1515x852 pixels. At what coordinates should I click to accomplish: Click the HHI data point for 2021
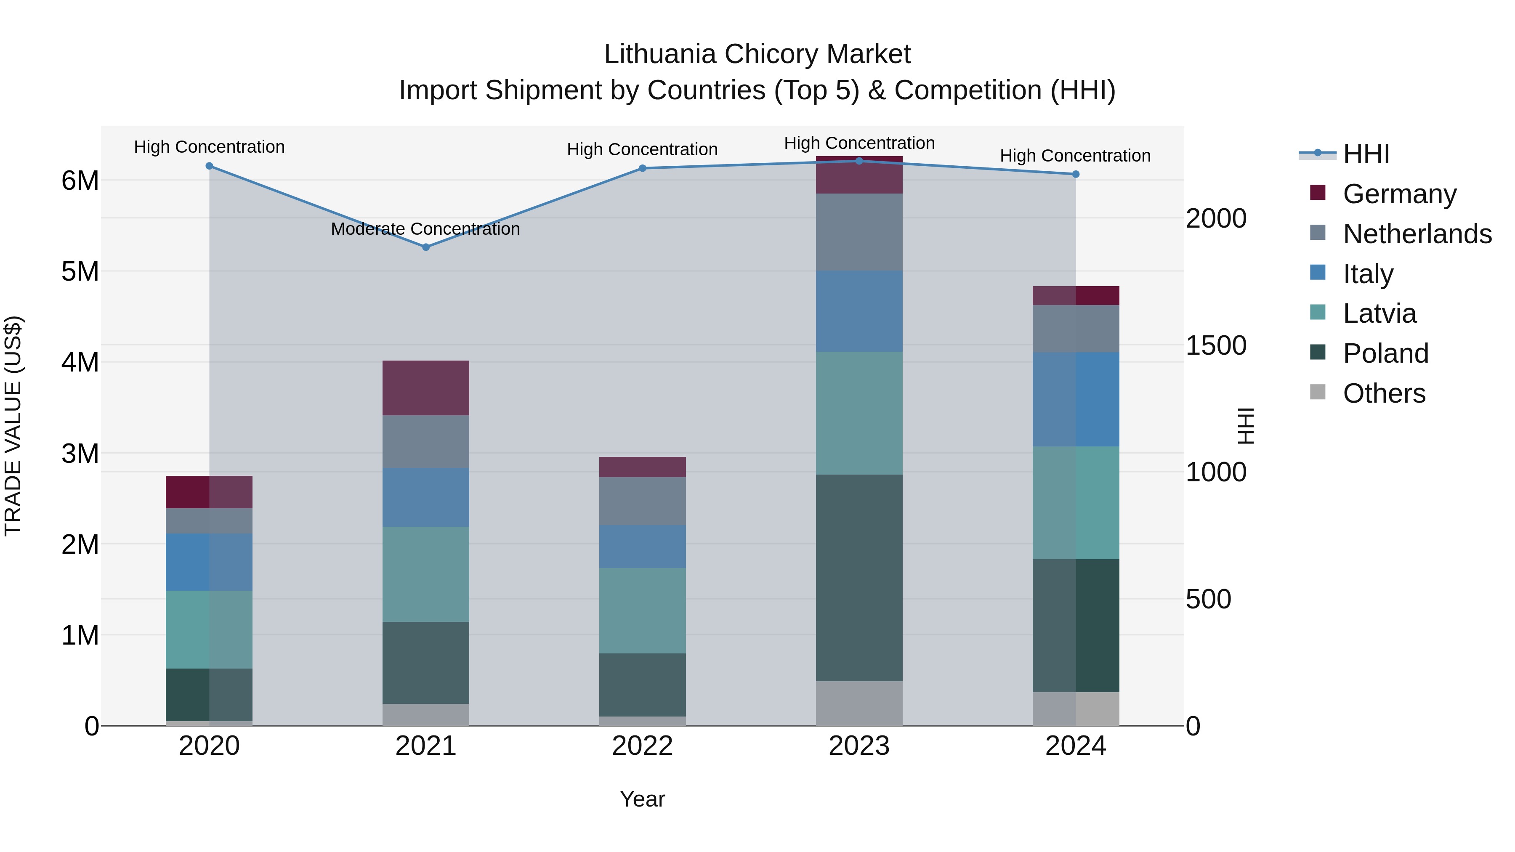point(426,247)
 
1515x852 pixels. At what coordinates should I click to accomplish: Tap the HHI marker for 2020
point(210,166)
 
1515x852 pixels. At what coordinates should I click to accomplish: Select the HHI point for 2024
point(1076,174)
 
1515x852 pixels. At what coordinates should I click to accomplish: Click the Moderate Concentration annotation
point(425,229)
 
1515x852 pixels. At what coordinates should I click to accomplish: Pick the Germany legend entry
point(1399,194)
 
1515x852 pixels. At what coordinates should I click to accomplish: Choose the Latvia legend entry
point(1379,313)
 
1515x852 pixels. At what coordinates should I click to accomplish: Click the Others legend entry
point(1384,393)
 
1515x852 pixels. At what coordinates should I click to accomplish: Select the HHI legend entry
point(1366,154)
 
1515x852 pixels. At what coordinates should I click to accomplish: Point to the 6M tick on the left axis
point(80,180)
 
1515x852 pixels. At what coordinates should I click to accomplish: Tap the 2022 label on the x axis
point(642,746)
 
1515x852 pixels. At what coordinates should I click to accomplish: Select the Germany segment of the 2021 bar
point(426,388)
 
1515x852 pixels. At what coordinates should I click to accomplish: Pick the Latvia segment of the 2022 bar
point(642,610)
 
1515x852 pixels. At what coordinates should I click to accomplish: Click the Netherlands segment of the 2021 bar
point(426,442)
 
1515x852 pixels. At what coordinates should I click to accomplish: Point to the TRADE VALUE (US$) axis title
point(13,426)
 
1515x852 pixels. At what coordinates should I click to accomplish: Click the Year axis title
point(642,799)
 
